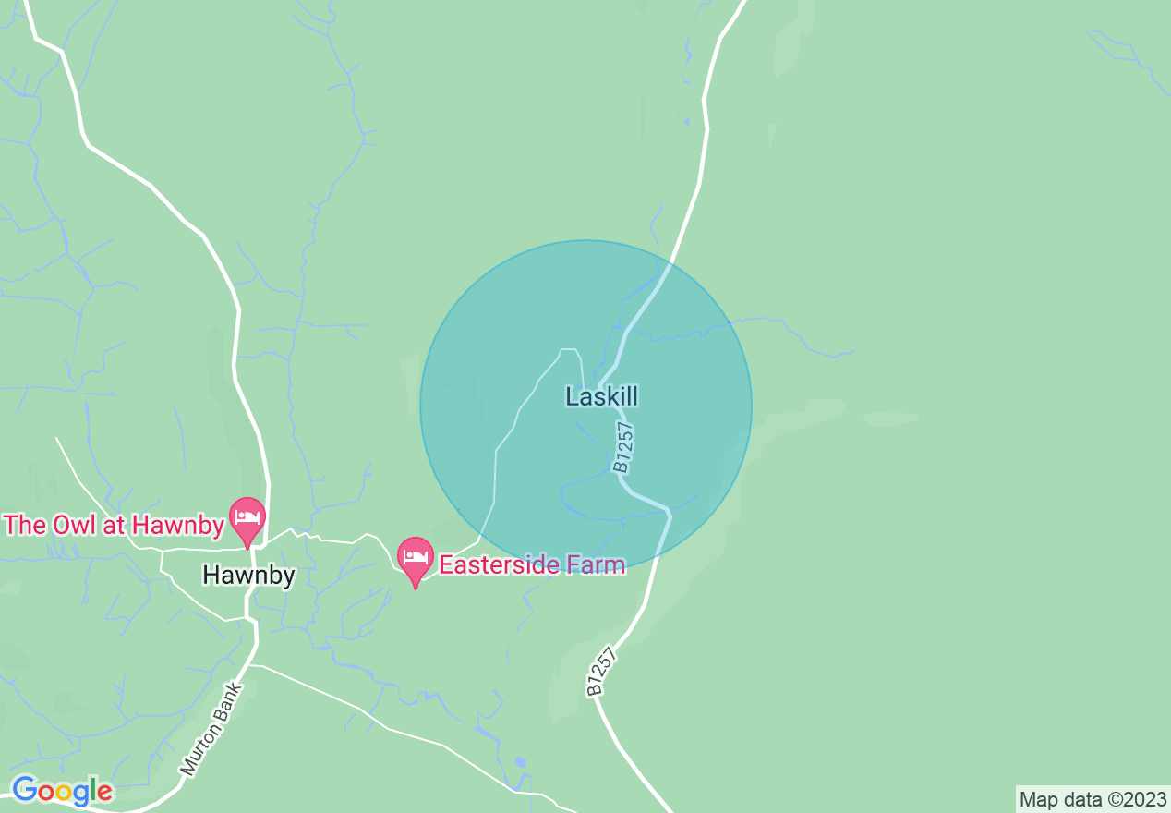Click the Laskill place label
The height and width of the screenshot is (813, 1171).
(601, 397)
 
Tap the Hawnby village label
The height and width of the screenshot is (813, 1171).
(248, 576)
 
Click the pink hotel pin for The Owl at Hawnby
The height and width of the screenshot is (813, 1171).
(247, 518)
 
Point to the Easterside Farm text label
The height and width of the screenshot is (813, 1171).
(532, 564)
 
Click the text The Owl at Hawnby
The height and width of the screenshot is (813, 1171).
(114, 526)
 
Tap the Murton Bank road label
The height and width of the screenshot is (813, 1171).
(211, 729)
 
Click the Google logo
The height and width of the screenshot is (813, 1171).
(62, 792)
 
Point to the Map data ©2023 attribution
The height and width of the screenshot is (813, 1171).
(1093, 799)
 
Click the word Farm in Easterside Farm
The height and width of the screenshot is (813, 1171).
(596, 564)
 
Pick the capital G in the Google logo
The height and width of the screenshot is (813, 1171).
(24, 791)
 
